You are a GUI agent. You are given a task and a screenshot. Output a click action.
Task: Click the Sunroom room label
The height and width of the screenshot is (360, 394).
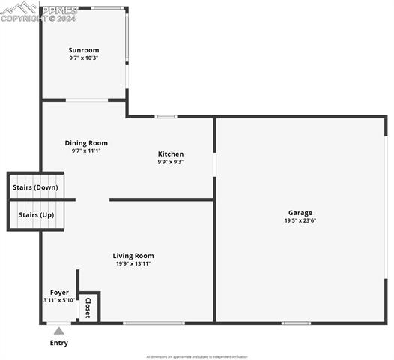tap(84, 50)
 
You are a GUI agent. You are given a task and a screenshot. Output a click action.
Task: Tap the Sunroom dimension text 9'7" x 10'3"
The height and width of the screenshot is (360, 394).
tap(84, 58)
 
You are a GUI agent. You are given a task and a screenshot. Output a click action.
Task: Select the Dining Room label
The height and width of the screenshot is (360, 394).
tap(86, 143)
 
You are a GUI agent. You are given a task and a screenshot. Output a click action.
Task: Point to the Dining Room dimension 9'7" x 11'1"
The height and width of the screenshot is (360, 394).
tap(86, 151)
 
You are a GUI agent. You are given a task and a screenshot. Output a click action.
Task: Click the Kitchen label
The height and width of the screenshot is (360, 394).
tap(171, 154)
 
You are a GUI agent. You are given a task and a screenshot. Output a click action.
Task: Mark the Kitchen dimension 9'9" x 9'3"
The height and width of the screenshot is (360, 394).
tap(171, 162)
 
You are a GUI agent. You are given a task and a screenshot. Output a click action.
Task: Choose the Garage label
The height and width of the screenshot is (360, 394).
tap(300, 213)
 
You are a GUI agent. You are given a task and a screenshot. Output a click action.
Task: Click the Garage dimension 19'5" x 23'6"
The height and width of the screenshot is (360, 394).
tap(300, 220)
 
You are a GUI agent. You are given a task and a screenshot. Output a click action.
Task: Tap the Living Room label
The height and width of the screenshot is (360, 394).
tap(133, 256)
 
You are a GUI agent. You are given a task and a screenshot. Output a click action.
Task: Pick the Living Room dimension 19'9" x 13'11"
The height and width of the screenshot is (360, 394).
tap(133, 263)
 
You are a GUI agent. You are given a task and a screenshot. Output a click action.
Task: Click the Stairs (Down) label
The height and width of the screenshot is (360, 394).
tap(36, 187)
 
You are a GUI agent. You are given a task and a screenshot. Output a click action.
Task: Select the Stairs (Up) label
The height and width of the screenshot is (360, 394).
tap(36, 215)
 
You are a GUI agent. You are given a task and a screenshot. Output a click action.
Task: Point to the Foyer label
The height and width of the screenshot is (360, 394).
tap(59, 292)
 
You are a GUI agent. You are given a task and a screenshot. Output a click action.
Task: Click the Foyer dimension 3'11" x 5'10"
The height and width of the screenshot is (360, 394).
tap(59, 300)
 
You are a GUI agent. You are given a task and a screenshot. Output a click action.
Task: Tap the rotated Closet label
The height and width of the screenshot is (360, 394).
tap(88, 307)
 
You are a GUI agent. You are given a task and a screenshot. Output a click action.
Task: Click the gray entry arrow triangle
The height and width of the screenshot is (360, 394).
tap(58, 328)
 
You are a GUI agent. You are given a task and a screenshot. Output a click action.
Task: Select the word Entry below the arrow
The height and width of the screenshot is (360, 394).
tap(58, 343)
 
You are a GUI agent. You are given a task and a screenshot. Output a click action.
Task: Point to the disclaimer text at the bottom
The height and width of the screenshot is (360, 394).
tap(196, 356)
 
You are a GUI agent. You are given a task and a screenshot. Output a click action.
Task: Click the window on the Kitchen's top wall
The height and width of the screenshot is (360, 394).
tap(166, 116)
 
